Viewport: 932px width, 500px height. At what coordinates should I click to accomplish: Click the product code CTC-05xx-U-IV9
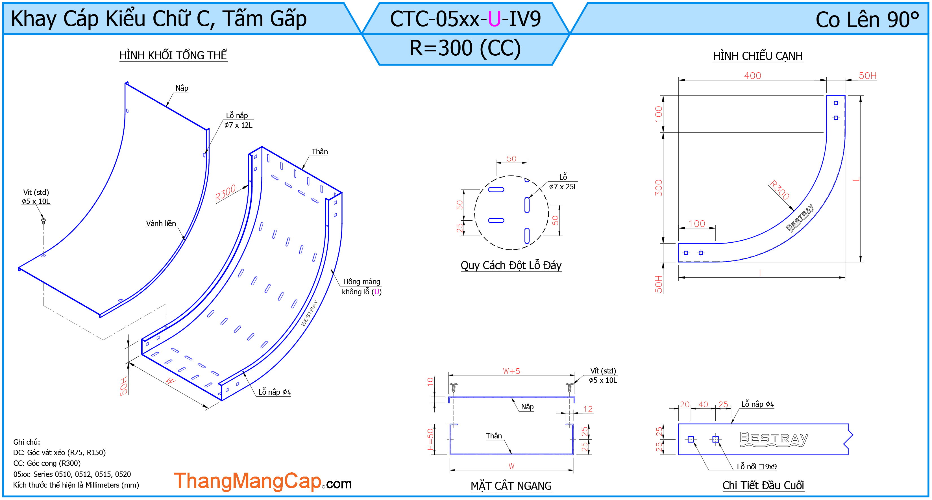tap(465, 19)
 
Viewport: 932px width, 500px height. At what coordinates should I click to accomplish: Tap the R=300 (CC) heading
tap(465, 48)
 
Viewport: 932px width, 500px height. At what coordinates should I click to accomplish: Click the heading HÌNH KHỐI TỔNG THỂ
tap(173, 55)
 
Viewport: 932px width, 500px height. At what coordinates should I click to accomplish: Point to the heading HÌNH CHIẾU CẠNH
tap(758, 56)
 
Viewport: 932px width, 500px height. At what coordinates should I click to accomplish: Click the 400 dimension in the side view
tap(753, 76)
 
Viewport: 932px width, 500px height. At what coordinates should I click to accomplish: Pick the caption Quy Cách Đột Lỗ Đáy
tap(511, 266)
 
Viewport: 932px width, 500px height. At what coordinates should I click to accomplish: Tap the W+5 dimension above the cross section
tap(511, 371)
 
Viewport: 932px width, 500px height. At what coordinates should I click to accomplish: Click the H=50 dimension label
tap(430, 439)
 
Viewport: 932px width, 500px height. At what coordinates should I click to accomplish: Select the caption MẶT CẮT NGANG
tap(511, 486)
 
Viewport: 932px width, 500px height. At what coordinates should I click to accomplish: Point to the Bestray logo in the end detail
tap(774, 439)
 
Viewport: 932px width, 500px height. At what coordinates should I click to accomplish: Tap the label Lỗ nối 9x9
tap(757, 466)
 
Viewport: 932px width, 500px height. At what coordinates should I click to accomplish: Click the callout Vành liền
tap(161, 223)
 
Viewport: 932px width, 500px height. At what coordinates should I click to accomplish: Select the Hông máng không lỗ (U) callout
tap(362, 286)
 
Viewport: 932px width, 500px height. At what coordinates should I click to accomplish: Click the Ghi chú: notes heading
tap(27, 442)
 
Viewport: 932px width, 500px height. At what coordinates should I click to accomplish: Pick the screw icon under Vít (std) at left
tap(44, 221)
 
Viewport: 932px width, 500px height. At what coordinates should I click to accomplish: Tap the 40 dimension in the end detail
tap(703, 404)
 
